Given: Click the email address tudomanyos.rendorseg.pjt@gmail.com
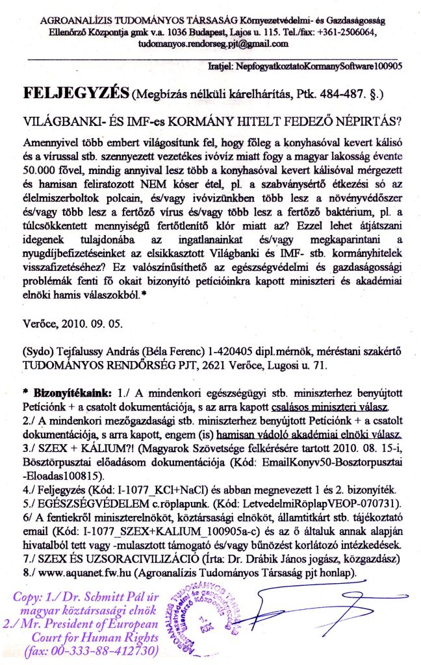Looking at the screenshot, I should point(212,44).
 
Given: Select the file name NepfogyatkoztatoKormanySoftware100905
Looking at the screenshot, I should point(322,66).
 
